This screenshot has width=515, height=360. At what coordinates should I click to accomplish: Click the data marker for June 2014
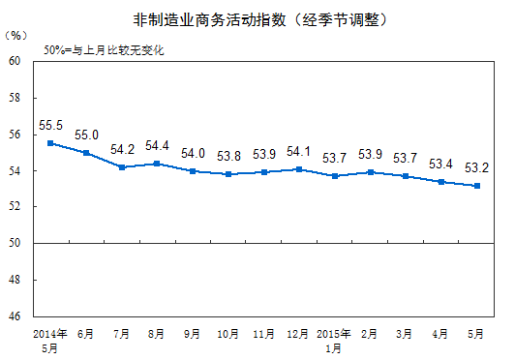87,153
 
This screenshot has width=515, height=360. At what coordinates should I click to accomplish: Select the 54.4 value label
157,146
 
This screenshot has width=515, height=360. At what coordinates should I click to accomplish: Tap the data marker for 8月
158,164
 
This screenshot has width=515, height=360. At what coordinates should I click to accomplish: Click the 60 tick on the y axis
15,61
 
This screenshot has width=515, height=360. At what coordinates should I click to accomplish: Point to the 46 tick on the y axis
15,316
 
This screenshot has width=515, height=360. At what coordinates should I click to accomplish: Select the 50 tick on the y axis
15,243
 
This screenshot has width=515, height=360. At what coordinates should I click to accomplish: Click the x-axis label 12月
298,335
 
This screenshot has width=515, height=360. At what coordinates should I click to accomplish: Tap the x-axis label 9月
193,335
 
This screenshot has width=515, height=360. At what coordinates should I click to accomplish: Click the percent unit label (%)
16,35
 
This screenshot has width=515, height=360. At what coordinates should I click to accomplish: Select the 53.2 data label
475,167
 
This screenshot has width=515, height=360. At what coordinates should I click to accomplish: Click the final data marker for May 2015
476,186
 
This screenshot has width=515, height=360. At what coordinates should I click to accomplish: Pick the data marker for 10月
227,174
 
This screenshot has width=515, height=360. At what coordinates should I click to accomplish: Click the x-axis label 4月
440,335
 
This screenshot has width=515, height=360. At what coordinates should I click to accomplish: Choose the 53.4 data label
440,164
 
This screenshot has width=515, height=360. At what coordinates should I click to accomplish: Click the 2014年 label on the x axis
50,334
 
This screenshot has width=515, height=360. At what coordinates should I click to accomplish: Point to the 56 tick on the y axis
15,135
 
